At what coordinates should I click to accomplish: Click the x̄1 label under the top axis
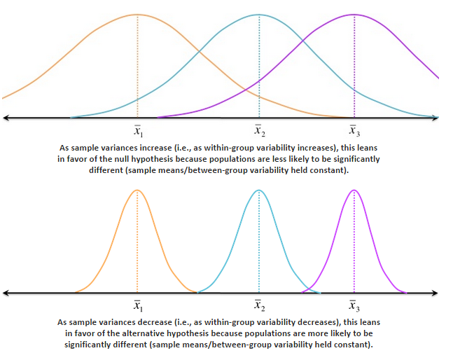point(138,130)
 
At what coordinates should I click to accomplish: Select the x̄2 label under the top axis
point(259,130)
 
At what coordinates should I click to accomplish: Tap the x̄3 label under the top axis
point(355,130)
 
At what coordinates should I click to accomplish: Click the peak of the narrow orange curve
point(138,191)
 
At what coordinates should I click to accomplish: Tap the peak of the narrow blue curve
point(259,191)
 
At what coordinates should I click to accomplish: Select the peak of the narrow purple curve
point(355,191)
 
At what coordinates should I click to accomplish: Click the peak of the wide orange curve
point(138,15)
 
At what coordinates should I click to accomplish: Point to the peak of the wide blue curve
point(259,15)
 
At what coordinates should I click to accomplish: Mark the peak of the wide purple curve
point(355,15)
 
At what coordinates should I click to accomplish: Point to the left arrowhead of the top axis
point(6,117)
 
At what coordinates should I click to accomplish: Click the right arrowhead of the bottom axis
point(436,292)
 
